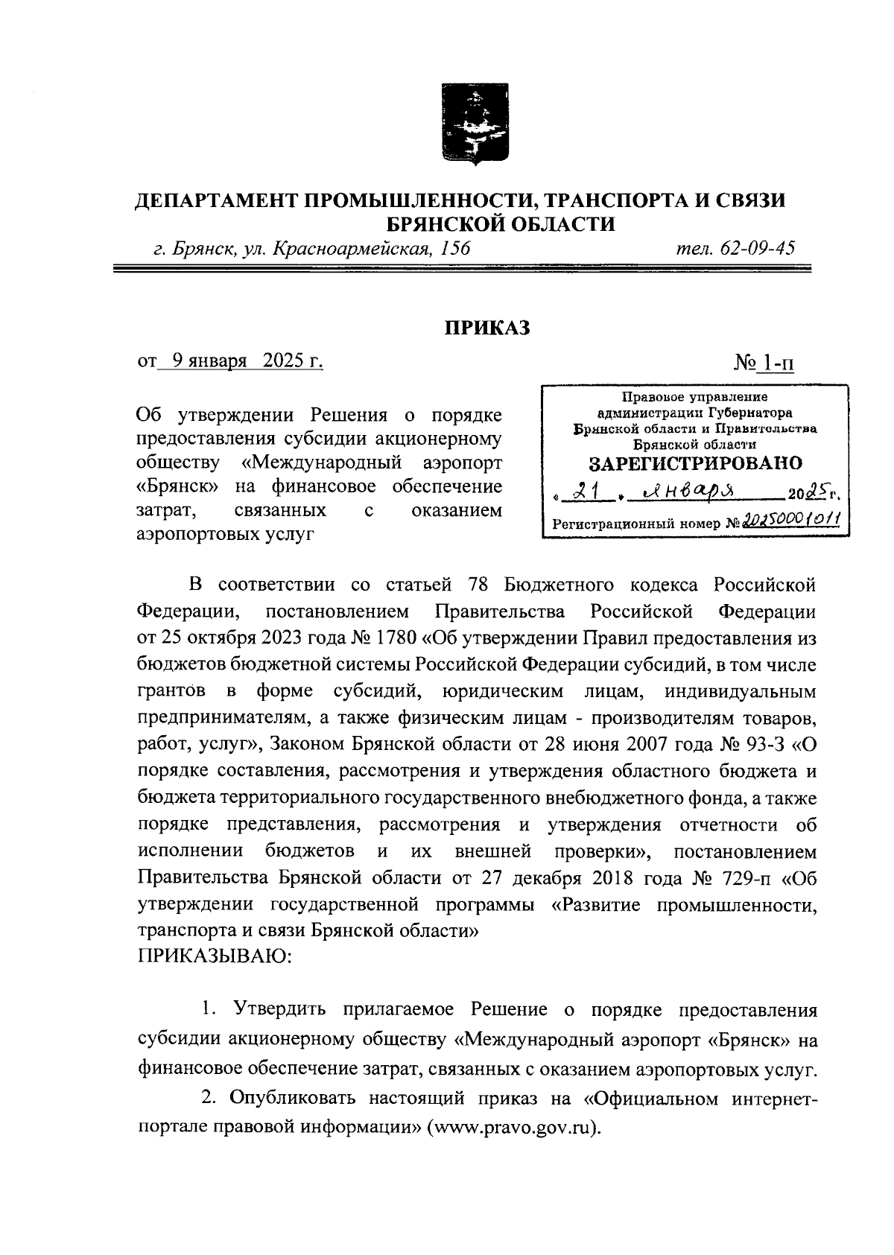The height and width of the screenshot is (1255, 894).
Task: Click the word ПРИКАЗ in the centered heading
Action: point(487,328)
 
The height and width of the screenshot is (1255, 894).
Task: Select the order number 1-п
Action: point(775,363)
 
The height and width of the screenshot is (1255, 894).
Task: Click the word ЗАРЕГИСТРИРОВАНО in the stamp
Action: point(695,463)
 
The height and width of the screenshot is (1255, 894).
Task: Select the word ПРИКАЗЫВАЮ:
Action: point(215,957)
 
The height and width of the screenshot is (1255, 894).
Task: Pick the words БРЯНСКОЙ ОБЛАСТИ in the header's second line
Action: point(500,223)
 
